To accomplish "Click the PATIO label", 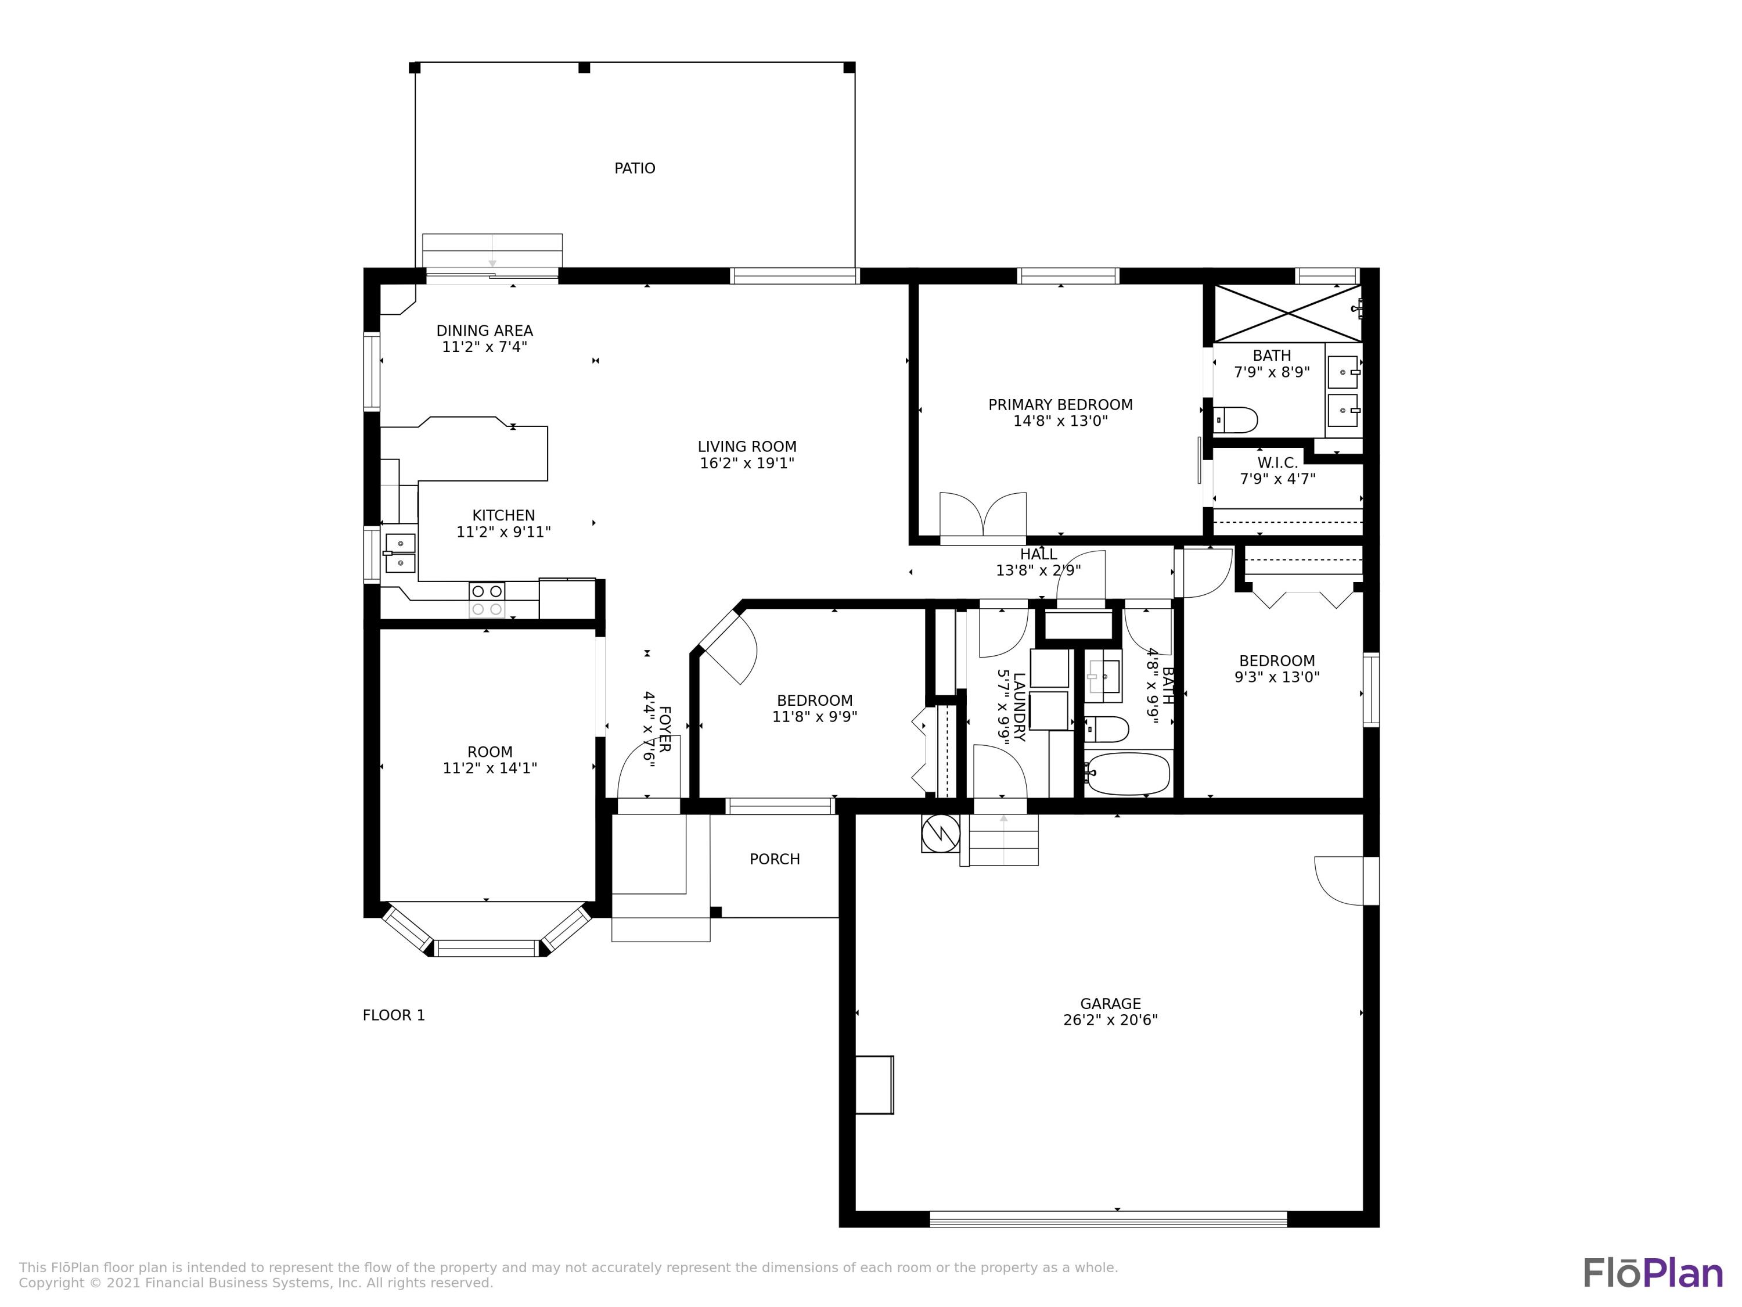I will pos(634,168).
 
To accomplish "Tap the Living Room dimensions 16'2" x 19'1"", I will pos(747,463).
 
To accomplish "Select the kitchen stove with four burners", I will pos(487,600).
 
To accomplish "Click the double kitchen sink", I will pos(400,553).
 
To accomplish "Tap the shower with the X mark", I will pos(1287,313).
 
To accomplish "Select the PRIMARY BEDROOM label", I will pos(1060,405).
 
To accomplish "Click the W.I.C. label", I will pos(1277,463).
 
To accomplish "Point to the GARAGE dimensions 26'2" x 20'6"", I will pos(1110,1019).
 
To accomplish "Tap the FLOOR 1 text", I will pos(394,1015).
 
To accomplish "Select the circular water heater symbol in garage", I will pos(940,833).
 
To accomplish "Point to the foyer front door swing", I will pos(647,772).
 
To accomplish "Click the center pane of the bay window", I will pos(487,948).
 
